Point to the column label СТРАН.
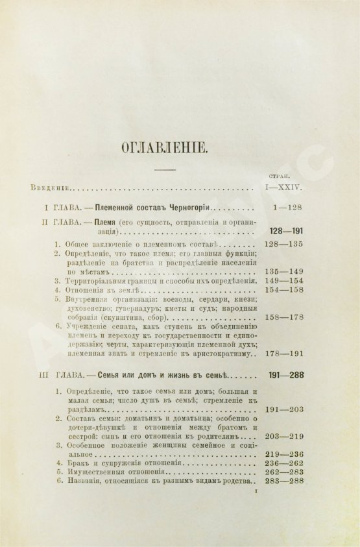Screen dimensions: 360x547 [x=278, y=176]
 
